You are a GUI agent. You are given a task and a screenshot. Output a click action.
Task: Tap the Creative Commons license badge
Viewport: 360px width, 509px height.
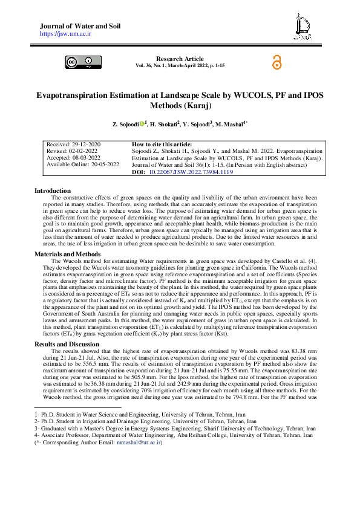(x=80, y=62)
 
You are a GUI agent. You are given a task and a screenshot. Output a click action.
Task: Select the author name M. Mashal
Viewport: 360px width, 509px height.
(x=231, y=124)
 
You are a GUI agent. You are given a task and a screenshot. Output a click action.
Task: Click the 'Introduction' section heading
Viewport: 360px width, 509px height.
(x=53, y=190)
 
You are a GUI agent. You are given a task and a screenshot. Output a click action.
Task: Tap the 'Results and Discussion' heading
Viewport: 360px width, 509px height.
(x=66, y=345)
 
